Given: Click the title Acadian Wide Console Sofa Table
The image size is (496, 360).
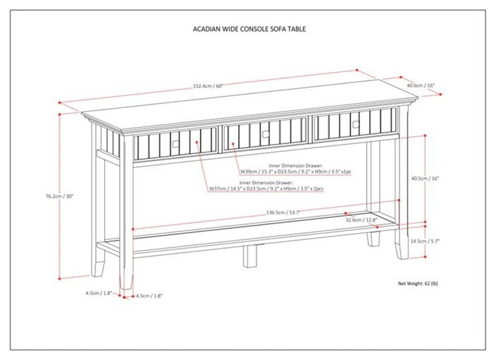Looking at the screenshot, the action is (249, 29).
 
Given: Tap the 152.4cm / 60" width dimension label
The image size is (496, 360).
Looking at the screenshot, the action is (208, 86).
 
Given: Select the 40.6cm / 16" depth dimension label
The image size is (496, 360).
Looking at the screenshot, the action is (421, 85).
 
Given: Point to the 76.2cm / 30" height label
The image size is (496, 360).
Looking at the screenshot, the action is (59, 196).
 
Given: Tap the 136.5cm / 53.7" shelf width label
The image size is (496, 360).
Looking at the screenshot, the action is (283, 212).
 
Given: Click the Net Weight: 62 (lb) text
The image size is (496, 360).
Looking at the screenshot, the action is (418, 284).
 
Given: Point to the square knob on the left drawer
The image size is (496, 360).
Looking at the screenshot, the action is (176, 144).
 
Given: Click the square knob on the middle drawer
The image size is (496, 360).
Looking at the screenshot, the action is (265, 134).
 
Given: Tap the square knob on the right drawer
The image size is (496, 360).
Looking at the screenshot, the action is (356, 125).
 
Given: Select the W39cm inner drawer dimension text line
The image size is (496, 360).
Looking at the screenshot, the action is (295, 172).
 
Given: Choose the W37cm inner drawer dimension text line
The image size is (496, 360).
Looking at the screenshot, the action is (266, 189).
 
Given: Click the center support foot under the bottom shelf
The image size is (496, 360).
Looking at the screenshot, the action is (250, 256).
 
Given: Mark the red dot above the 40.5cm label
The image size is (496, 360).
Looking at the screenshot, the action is (425, 135).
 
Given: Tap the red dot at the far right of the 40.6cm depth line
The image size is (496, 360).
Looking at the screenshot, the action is (441, 94).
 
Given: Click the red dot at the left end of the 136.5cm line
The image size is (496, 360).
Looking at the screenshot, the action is (134, 228).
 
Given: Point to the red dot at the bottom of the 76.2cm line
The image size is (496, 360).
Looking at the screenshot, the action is (59, 279).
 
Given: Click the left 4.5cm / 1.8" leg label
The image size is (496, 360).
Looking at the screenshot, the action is (99, 293).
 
